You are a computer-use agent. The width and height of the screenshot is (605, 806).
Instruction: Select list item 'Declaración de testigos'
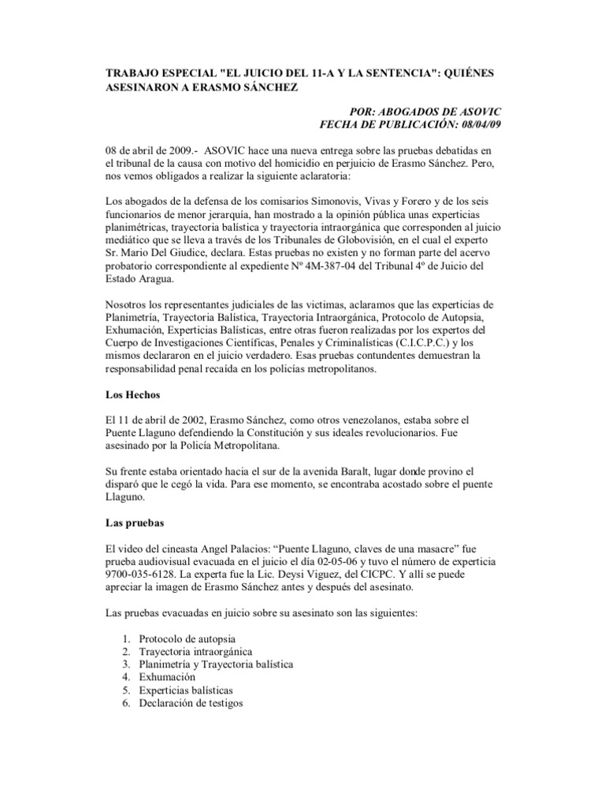pyautogui.click(x=191, y=704)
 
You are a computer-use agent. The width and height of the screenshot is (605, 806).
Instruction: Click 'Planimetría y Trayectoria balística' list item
pyautogui.click(x=216, y=664)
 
